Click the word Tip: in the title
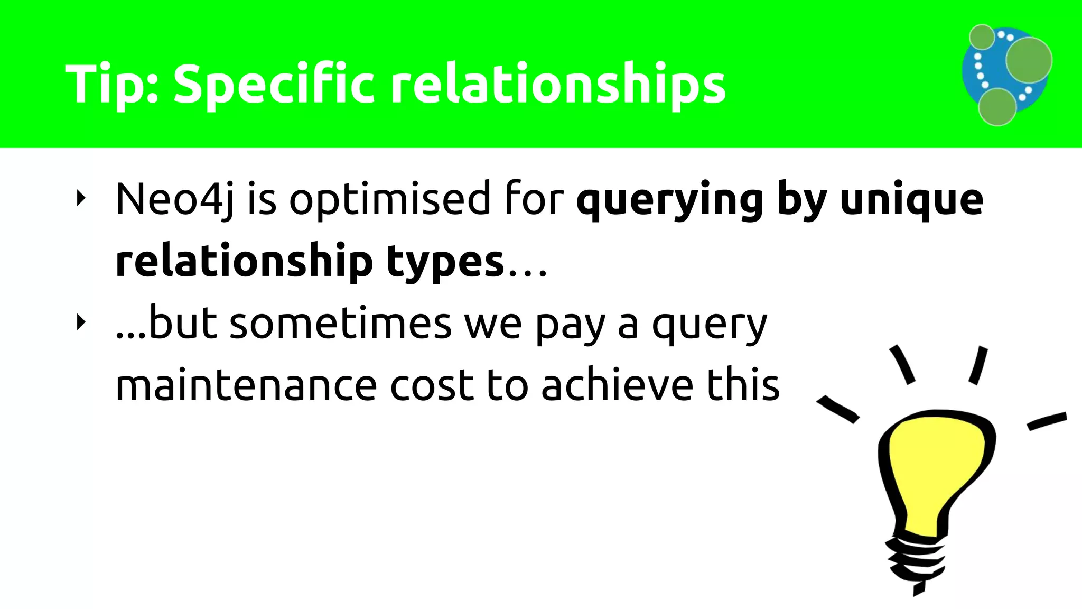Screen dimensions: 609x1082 (x=111, y=85)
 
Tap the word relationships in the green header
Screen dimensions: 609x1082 (x=558, y=85)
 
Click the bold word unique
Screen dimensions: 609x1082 (x=911, y=200)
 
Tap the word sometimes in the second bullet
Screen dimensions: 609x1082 (x=341, y=324)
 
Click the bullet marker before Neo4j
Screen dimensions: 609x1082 (x=81, y=199)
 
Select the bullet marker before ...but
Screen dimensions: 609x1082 (x=81, y=322)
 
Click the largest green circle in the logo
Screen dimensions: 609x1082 (x=1028, y=60)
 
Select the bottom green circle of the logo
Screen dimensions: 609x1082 (x=997, y=107)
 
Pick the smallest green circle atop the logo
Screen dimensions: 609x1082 (x=982, y=37)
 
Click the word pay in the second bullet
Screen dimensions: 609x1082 (x=570, y=324)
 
